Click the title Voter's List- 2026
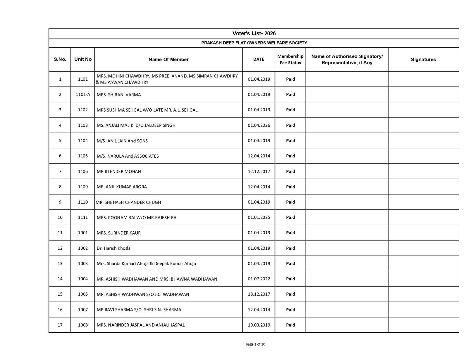click(x=254, y=34)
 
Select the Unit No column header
click(x=83, y=59)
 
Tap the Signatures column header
click(x=423, y=60)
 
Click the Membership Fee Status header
click(x=290, y=59)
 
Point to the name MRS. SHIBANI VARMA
click(x=119, y=95)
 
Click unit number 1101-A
click(x=83, y=94)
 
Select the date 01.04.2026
click(x=259, y=125)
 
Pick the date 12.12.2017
click(x=259, y=171)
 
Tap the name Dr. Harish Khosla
click(x=113, y=248)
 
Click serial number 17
click(x=60, y=325)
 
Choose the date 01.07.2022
click(x=259, y=279)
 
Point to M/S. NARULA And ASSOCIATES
click(x=128, y=156)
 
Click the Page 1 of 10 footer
click(x=256, y=344)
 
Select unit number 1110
click(x=83, y=202)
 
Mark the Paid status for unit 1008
click(x=290, y=325)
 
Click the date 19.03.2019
click(x=259, y=325)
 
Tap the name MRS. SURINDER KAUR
click(x=119, y=233)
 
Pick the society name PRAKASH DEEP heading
click(x=254, y=43)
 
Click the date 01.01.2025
click(x=259, y=217)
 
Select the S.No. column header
click(x=60, y=59)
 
